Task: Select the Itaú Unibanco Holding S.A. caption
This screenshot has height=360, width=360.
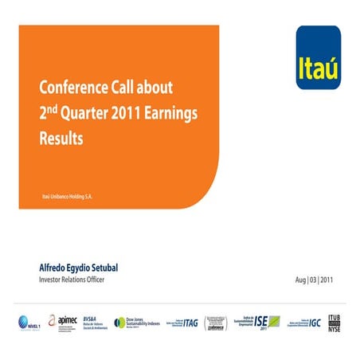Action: pos(68,196)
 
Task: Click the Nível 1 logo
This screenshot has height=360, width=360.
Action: pos(29,322)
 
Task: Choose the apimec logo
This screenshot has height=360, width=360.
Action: pos(63,321)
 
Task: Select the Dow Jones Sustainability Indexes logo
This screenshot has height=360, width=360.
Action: pos(136,321)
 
